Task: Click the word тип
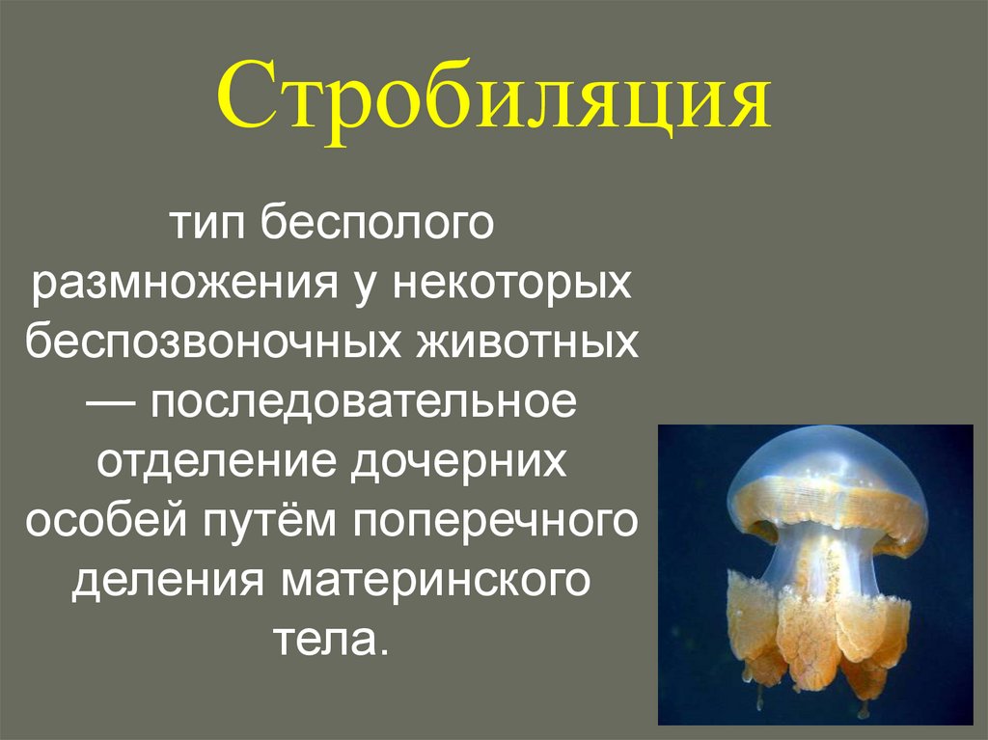point(205,227)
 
